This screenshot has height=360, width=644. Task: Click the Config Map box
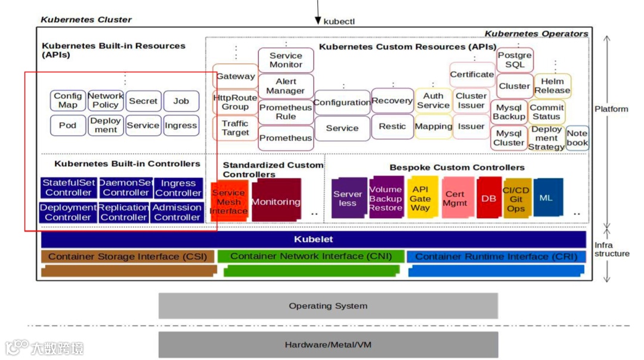[68, 101]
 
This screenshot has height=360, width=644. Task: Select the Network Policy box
[106, 101]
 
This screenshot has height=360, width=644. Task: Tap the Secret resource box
[143, 101]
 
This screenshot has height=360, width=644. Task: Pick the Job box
[181, 101]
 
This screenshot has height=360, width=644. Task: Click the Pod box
[68, 126]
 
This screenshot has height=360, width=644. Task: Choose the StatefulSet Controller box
[69, 188]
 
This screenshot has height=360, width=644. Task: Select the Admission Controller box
[177, 212]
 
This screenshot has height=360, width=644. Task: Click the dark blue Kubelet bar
[314, 240]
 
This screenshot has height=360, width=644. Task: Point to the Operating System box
[328, 306]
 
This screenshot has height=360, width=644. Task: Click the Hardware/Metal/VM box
[328, 345]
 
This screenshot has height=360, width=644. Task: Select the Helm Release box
[552, 86]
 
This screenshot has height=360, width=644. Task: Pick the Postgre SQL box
[515, 60]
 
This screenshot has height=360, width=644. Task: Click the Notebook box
[577, 138]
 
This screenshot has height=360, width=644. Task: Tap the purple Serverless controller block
[348, 198]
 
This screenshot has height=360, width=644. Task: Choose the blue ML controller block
[546, 198]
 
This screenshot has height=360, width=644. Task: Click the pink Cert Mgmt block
[454, 198]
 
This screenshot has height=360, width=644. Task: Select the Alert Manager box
[286, 86]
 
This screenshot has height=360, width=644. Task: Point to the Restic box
[392, 126]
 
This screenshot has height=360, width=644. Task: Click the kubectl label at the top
[339, 21]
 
